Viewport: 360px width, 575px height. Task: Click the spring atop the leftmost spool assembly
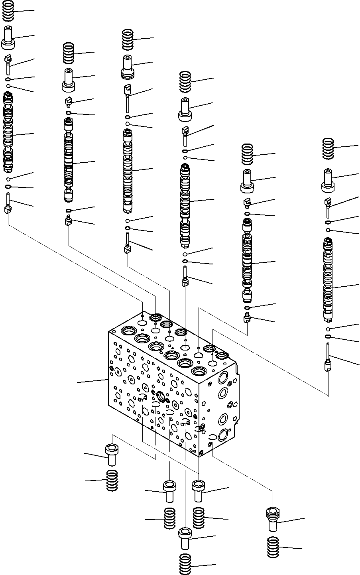coord(8,12)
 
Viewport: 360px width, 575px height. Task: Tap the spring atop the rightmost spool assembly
coord(328,148)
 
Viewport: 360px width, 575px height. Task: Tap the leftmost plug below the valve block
coord(112,455)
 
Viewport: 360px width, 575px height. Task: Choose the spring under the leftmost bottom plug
coord(112,480)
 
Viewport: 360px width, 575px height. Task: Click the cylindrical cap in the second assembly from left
coord(69,79)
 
